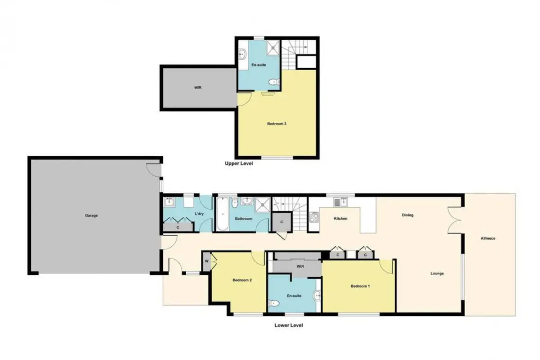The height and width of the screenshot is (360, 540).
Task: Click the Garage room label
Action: tap(91, 216)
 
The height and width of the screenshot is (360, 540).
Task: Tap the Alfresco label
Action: tap(487, 238)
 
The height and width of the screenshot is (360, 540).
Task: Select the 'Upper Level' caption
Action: tap(239, 163)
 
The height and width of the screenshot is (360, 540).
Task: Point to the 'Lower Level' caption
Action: tap(288, 325)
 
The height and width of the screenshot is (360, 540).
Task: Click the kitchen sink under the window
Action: tap(340, 202)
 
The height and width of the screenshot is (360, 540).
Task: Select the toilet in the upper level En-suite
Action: tap(274, 82)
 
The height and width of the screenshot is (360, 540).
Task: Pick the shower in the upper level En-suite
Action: tap(274, 47)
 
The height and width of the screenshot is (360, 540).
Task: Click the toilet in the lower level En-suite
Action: tap(274, 304)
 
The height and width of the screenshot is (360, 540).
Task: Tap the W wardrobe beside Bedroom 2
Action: tap(207, 261)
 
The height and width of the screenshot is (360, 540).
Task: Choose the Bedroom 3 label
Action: tap(277, 124)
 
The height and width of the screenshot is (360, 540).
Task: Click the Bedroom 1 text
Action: tap(360, 286)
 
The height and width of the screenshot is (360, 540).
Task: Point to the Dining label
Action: tap(407, 216)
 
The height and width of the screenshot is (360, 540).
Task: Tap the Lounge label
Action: tap(437, 273)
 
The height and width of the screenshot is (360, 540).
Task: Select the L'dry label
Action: tap(199, 214)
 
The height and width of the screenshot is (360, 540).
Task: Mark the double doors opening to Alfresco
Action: tap(455, 220)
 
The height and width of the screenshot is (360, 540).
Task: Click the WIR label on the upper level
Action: tap(198, 88)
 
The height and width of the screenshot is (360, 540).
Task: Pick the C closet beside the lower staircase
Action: tap(282, 222)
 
